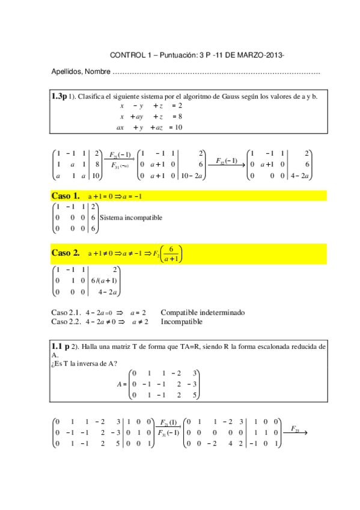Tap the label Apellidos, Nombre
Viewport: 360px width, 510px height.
tap(81, 72)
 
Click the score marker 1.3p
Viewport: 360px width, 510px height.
tap(59, 96)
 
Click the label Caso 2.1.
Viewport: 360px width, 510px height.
tap(66, 313)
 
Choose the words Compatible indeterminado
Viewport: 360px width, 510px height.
tap(203, 313)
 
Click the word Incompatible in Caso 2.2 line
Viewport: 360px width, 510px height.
tap(181, 322)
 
